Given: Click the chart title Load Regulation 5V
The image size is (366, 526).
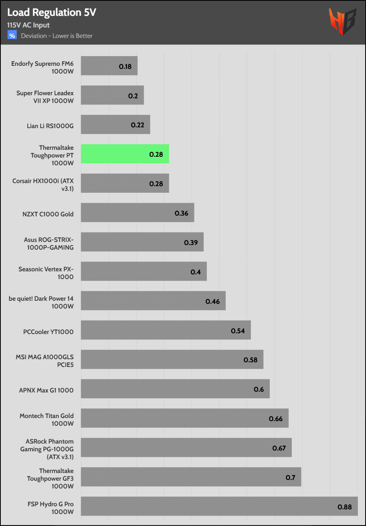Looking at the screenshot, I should pos(51,12).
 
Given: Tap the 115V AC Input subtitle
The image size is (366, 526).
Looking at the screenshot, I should pos(28,25).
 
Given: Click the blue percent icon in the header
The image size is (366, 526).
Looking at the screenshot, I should pos(12,36).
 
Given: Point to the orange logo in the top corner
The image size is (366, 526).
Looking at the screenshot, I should pos(342,21).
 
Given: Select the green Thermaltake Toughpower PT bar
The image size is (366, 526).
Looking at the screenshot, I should pos(125,154).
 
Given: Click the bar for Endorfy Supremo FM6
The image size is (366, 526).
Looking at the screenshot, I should pos(109,66).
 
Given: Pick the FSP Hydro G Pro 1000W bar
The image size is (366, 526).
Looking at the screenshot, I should pos(219,506).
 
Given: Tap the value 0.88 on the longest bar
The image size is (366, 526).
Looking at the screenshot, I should pos(344,507).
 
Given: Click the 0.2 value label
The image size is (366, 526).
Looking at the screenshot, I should pos(133,96).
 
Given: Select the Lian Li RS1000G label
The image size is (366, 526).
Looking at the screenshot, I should pos(50,126).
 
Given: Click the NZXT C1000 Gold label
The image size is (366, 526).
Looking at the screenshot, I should pos(48,214).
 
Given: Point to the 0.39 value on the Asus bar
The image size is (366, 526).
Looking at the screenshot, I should pos(191,243).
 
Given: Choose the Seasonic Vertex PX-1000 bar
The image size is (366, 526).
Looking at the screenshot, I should pos(144,271).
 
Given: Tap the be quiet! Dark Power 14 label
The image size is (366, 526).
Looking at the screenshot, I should pos(41,302).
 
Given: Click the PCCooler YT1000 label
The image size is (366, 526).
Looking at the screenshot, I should pos(48,332).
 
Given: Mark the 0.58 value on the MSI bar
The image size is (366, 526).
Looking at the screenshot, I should pos(250,360).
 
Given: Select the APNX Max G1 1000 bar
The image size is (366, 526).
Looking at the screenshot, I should pos(175,389).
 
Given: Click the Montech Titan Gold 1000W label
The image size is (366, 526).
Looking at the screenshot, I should pos(46,420).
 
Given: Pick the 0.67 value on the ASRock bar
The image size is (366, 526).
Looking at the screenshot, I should pos(279,448).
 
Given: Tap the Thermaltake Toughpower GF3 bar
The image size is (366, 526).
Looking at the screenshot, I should pos(191,477).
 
